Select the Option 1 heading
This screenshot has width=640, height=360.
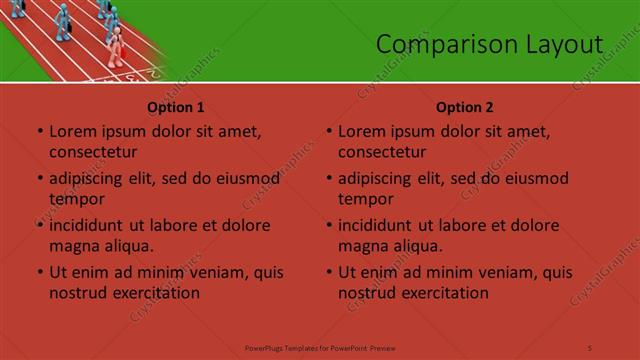click(176, 107)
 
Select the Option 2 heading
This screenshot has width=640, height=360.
click(465, 107)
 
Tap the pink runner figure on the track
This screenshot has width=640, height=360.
click(117, 45)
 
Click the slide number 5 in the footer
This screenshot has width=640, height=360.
click(590, 346)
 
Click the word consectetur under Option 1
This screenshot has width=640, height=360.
click(93, 152)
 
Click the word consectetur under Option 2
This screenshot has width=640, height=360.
click(382, 152)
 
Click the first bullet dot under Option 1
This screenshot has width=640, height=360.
click(39, 131)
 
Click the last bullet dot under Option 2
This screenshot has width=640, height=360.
click(328, 272)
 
